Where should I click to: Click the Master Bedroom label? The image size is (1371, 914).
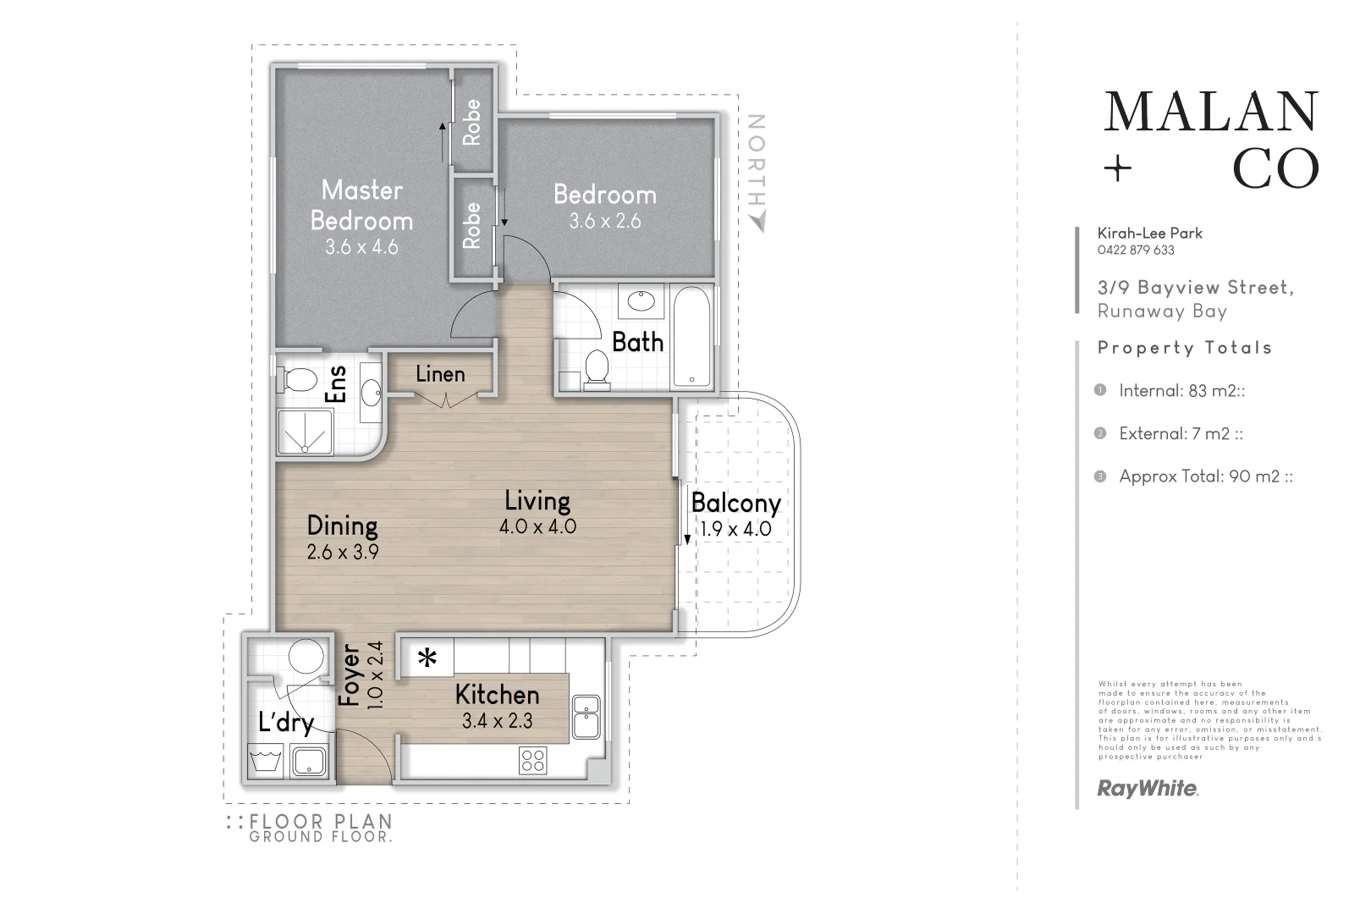(361, 205)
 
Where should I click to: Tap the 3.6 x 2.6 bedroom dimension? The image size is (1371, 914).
(604, 222)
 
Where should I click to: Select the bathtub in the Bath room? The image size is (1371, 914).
(692, 336)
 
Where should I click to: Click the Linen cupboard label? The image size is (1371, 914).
(440, 374)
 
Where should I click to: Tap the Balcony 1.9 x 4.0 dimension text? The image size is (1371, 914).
(735, 530)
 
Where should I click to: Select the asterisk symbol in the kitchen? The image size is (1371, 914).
(428, 658)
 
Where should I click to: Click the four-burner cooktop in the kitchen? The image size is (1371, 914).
(534, 760)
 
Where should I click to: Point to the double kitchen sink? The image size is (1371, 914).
(586, 717)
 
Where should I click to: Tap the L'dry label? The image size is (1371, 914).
(286, 723)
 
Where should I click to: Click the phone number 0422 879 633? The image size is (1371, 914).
(1135, 251)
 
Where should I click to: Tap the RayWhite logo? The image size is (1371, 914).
(1148, 789)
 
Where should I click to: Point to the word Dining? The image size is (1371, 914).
(342, 526)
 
